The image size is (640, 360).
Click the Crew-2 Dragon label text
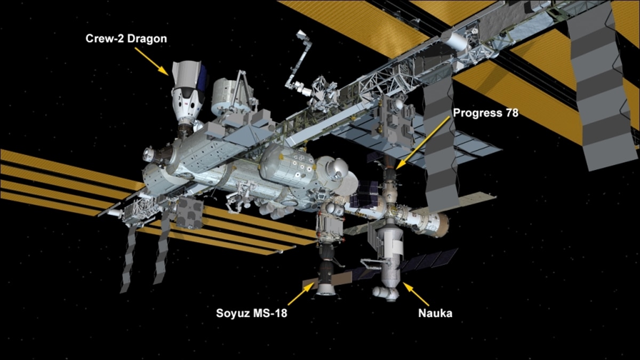pos(126,38)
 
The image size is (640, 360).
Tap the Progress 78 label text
pos(485,113)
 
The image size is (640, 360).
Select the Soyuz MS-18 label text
pos(252,313)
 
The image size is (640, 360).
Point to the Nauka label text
pos(435,313)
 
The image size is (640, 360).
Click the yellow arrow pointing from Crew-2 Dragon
pos(151,61)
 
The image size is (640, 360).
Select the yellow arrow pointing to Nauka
pos(415,294)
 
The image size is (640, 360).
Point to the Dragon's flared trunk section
pos(189,74)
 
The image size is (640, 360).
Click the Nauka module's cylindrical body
pos(390,257)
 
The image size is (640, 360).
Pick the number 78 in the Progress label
pos(511,113)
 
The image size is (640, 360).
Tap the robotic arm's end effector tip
pos(301,35)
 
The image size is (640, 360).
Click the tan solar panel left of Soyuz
pos(309,284)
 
